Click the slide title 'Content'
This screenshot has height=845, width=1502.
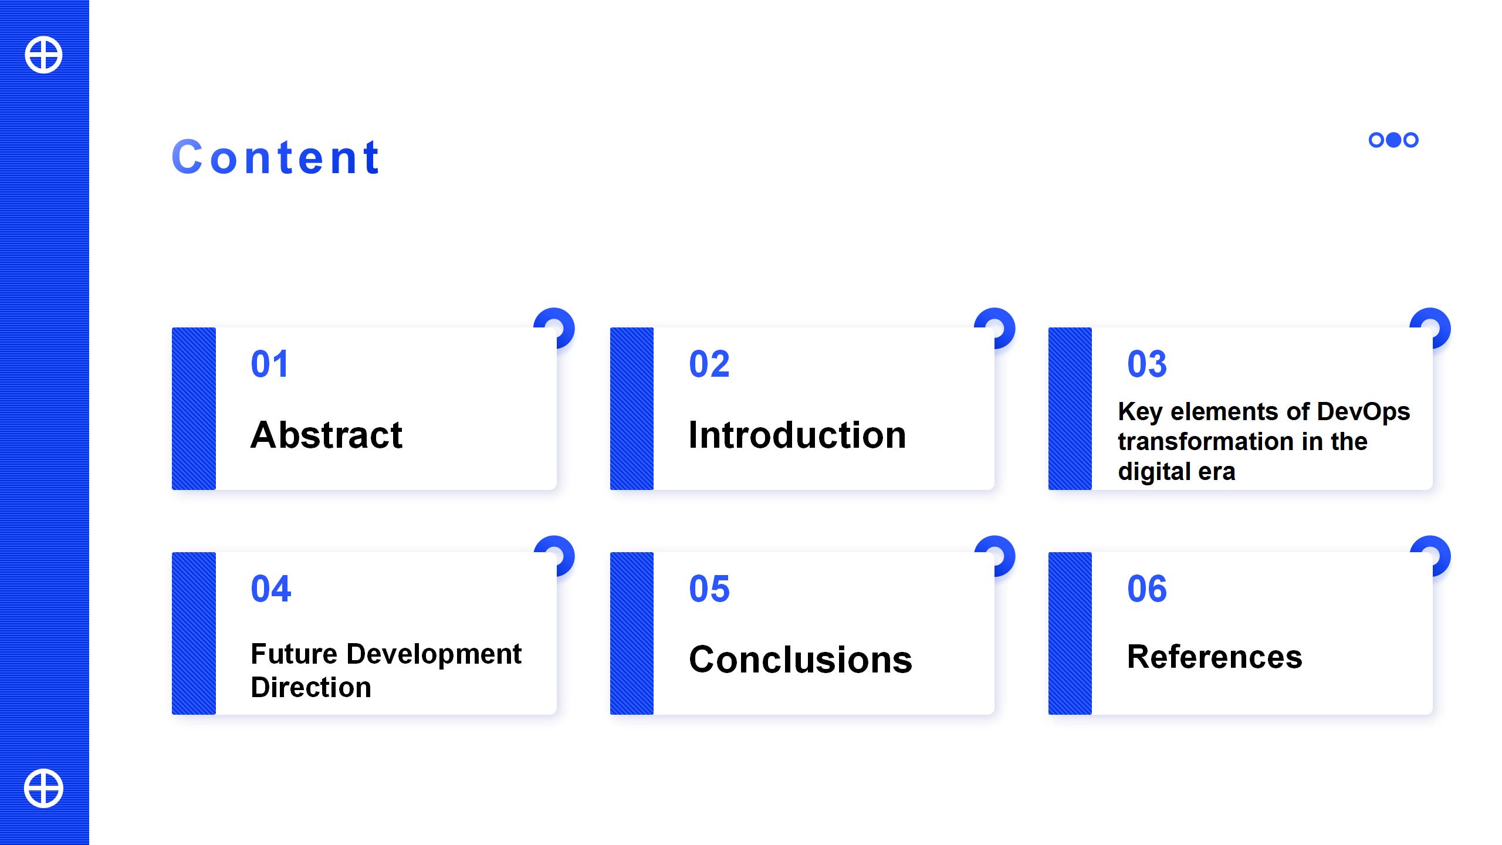(x=276, y=157)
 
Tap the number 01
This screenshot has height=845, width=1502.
(x=269, y=364)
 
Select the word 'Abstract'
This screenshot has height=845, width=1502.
(x=326, y=435)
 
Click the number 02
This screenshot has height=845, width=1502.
(x=709, y=364)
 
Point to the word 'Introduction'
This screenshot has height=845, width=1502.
(x=797, y=435)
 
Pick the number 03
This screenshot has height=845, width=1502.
(x=1147, y=364)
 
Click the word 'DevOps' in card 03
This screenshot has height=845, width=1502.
(x=1364, y=412)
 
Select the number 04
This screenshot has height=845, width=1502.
(x=270, y=589)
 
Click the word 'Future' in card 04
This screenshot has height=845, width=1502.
(x=294, y=654)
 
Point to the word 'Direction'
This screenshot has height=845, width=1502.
(x=311, y=687)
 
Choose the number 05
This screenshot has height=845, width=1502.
(x=709, y=589)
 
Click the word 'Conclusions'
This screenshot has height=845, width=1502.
(x=801, y=660)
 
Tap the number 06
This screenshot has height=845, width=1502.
(x=1147, y=589)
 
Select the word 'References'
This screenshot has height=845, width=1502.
(x=1215, y=657)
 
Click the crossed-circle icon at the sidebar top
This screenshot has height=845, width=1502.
(x=43, y=55)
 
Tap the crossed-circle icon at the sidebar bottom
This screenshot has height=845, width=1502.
(x=43, y=788)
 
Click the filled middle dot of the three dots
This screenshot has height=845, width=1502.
(x=1393, y=140)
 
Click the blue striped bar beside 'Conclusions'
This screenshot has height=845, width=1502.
(x=632, y=633)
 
